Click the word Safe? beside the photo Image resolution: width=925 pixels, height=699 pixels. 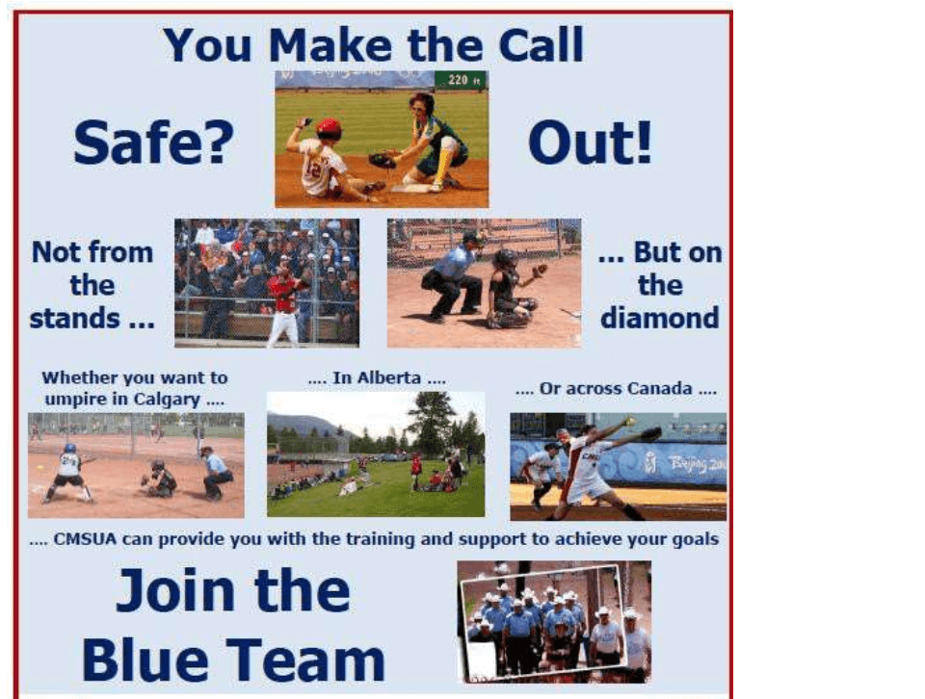(x=154, y=142)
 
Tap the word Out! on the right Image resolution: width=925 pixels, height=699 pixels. (x=590, y=142)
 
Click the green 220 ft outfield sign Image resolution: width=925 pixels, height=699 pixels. (x=462, y=80)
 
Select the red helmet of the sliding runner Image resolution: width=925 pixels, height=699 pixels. (x=329, y=128)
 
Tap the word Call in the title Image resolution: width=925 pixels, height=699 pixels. (x=541, y=45)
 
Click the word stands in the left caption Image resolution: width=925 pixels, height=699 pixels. (x=75, y=319)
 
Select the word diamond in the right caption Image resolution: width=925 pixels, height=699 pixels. (x=659, y=319)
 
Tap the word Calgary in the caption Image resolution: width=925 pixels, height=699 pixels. (x=167, y=400)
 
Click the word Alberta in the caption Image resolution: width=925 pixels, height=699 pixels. (x=377, y=377)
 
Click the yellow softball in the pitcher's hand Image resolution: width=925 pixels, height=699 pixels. (x=630, y=422)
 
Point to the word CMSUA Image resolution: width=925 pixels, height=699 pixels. (x=85, y=539)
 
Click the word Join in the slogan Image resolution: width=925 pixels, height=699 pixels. (x=176, y=591)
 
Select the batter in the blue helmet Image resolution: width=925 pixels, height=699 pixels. (x=68, y=473)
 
